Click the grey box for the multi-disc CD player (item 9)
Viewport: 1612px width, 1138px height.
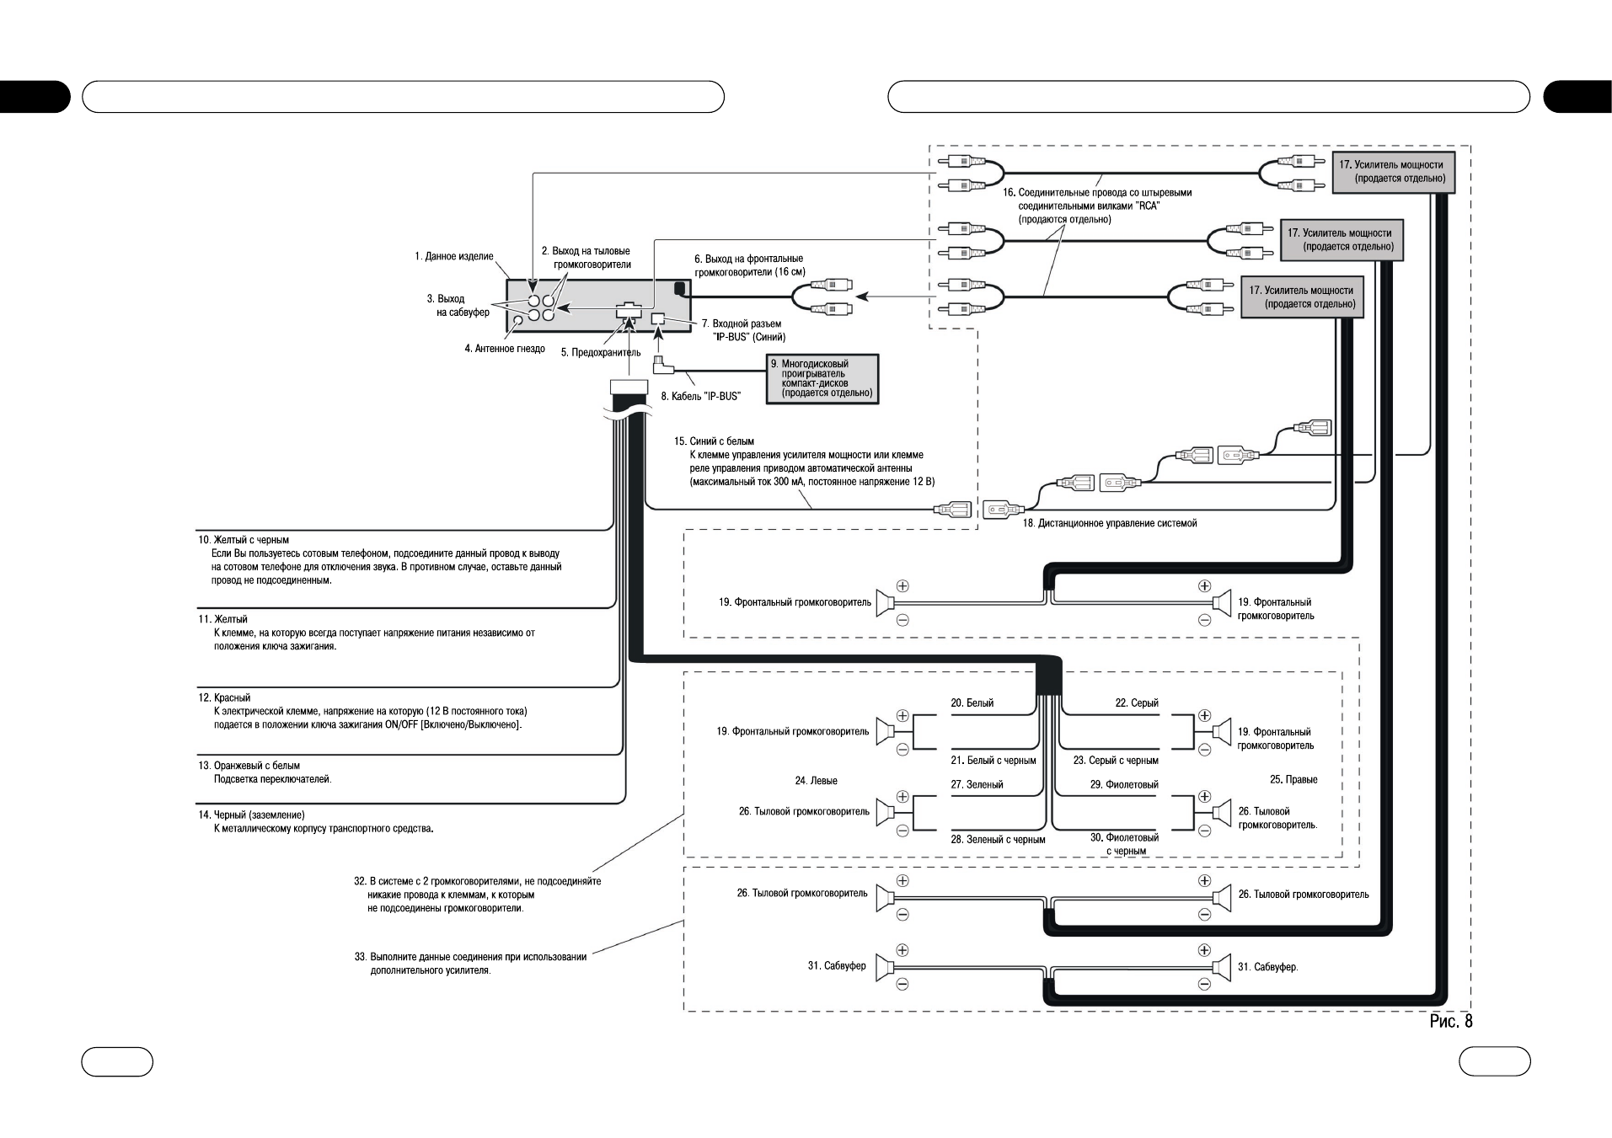[822, 379]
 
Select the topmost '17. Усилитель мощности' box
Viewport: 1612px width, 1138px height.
[1392, 171]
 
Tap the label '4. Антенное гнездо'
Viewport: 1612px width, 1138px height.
[505, 349]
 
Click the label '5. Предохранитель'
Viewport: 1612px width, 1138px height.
[601, 353]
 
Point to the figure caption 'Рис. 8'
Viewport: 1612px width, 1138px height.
[1451, 1021]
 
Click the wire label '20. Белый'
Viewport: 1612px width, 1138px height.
[972, 703]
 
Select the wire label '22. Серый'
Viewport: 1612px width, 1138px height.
[1137, 703]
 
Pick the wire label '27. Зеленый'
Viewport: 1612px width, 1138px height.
[977, 784]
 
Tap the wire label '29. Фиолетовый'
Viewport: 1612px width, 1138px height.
[1124, 784]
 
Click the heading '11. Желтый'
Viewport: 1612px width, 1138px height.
[222, 619]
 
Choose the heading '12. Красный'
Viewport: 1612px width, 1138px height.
[224, 697]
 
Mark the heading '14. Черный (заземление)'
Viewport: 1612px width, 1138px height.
[251, 815]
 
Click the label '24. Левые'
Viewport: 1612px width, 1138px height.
[816, 781]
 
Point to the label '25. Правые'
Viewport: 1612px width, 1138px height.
[1293, 779]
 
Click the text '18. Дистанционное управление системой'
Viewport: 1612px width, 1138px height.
[1110, 523]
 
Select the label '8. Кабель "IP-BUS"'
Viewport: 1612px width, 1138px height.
[700, 396]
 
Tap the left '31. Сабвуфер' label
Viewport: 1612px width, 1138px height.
[837, 965]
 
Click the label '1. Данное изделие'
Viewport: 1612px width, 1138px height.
[454, 256]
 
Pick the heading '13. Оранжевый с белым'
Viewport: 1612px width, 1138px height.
[249, 766]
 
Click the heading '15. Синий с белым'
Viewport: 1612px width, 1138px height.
[714, 441]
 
